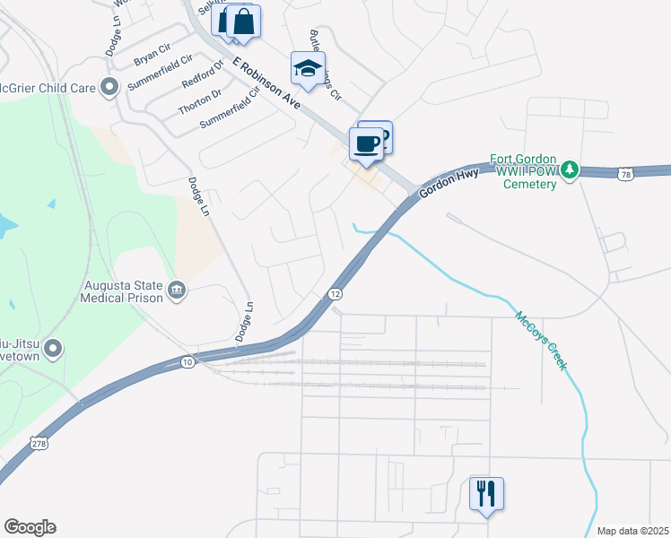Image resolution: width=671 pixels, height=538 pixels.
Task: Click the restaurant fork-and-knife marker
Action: (x=486, y=493)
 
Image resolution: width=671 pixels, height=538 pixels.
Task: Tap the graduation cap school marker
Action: (x=308, y=68)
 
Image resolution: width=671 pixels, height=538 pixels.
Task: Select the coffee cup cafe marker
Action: (x=366, y=144)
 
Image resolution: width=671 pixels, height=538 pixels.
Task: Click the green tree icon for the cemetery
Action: (x=569, y=169)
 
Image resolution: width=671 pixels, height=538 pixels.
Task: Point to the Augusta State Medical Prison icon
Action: (x=176, y=291)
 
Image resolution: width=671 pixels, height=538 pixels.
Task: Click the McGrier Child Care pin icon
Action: (x=110, y=87)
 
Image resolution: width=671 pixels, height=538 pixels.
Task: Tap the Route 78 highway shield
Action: (x=625, y=173)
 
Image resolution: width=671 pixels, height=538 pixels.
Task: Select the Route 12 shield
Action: (x=335, y=294)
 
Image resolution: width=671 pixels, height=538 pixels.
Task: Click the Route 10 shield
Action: (x=187, y=362)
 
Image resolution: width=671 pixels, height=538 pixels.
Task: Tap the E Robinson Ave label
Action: (x=266, y=85)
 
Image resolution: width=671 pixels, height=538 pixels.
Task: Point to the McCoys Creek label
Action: (x=541, y=341)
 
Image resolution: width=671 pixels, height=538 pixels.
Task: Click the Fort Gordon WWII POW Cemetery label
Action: (x=523, y=170)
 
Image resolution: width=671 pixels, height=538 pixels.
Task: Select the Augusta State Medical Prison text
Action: (x=122, y=291)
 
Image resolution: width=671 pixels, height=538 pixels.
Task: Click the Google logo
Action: (x=30, y=527)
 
